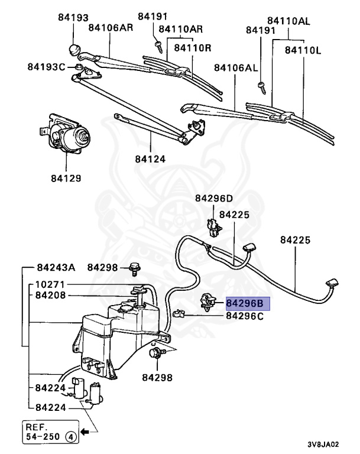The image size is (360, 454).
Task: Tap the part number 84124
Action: (x=150, y=159)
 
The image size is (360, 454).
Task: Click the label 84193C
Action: (x=46, y=67)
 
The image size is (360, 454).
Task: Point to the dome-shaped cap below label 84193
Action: (x=74, y=48)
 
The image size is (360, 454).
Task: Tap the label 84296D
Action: (x=213, y=198)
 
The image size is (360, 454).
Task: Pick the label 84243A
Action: (x=56, y=267)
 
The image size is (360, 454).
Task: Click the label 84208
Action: (x=54, y=295)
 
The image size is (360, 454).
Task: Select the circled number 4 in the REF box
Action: (x=70, y=438)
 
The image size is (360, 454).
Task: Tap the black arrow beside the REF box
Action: (x=86, y=432)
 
